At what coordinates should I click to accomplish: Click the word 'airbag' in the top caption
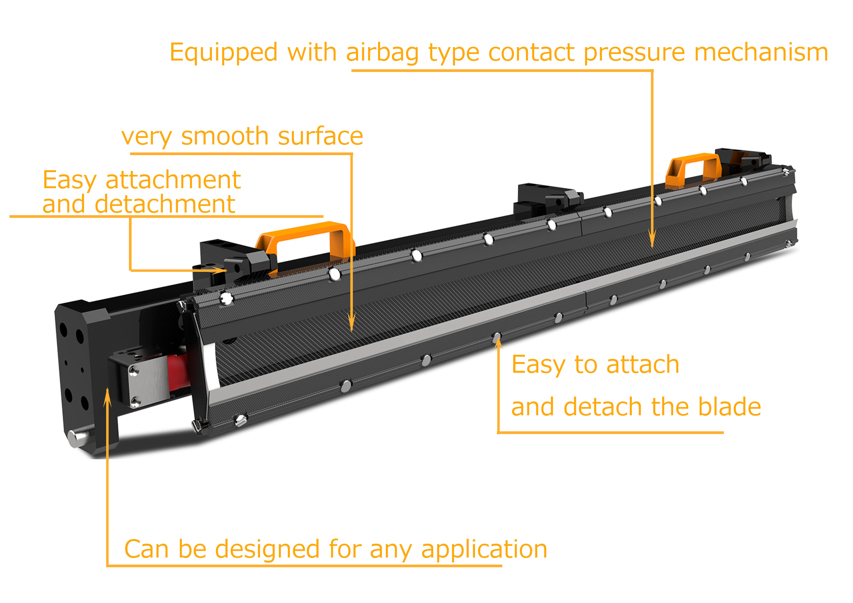click(382, 53)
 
